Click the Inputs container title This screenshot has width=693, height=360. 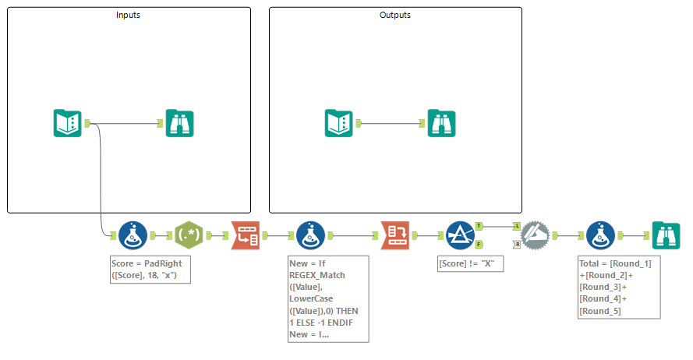coord(129,15)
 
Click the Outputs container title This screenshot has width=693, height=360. coord(395,15)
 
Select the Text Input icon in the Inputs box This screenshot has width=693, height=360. coord(68,123)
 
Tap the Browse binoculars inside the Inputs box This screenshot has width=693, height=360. coord(179,123)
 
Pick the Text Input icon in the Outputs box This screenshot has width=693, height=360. coord(339,123)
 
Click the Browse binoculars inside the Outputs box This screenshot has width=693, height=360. coord(441,123)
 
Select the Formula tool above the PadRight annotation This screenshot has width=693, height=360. coord(133,235)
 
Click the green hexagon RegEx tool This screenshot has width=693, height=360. coord(189,235)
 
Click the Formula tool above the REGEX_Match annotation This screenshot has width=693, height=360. coord(311,235)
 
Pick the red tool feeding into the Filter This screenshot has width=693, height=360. coord(395,235)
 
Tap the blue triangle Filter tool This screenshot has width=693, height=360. coord(460,235)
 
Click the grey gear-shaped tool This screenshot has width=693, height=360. coord(536,235)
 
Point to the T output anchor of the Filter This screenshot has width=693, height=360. coord(479,225)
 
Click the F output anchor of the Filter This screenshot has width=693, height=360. coord(479,244)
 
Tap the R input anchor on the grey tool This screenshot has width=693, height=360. coord(517,244)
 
